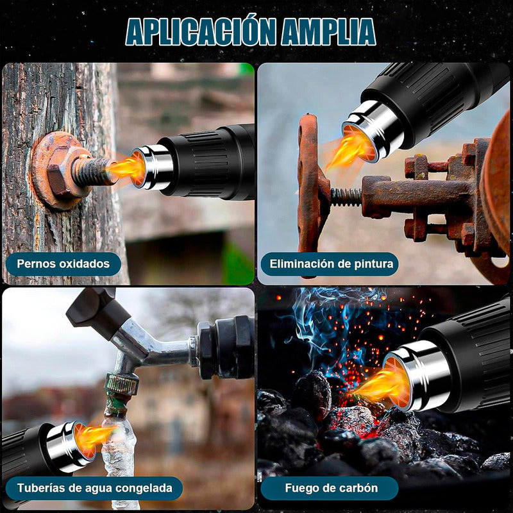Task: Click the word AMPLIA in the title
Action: tap(328, 31)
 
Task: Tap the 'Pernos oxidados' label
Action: tap(63, 264)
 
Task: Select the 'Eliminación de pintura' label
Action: tap(330, 264)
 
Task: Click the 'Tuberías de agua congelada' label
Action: tap(94, 488)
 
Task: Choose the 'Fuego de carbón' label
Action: tap(330, 488)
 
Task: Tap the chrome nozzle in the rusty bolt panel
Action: tap(152, 167)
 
